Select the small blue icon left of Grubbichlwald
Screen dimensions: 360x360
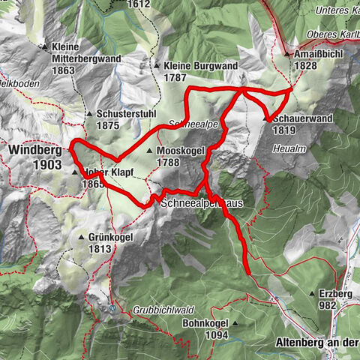(112, 307)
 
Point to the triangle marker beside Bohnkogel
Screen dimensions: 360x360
(235, 324)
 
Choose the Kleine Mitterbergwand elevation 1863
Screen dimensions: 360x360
(64, 70)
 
